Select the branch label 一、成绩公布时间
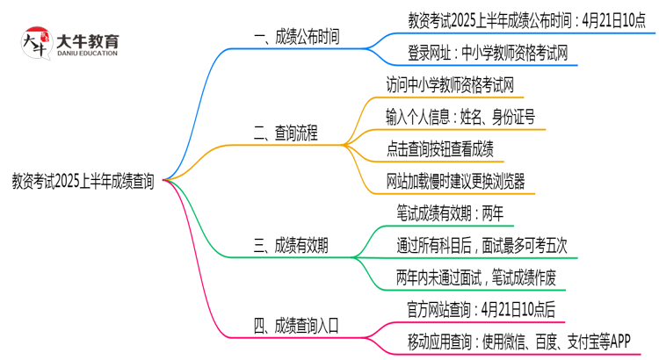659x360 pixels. pyautogui.click(x=295, y=37)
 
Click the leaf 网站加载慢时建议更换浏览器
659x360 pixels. pyautogui.click(x=455, y=182)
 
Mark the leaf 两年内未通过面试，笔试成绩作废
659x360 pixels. pyautogui.click(x=475, y=278)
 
